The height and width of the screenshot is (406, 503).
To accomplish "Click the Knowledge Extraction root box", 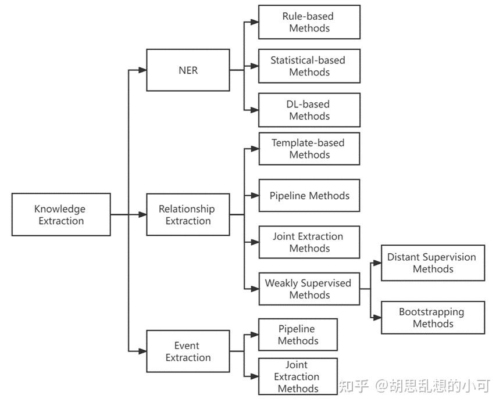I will pos(61,214).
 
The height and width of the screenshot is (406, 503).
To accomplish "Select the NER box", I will pos(188,70).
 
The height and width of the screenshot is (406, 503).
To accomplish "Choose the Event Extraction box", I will pos(188,351).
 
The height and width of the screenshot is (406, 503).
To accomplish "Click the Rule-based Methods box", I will pos(309,22).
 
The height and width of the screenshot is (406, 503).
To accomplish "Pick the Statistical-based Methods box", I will pos(309,66).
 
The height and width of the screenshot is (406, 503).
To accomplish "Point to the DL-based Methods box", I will pos(309,110).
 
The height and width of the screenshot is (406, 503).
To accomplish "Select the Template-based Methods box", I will pos(309,149).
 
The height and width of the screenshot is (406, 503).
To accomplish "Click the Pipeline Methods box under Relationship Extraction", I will pos(309,195).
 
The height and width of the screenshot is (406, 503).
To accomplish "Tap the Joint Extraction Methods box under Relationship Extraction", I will pos(309,242).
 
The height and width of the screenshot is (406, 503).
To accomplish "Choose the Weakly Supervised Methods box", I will pos(309,289).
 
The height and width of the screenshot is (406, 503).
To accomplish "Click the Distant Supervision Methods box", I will pos(433,263).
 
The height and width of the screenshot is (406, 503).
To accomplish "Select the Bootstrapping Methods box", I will pos(433,318).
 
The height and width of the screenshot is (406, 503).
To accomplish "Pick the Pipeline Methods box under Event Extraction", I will pos(298,335).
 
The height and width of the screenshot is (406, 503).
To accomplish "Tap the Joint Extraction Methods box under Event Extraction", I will pos(298,376).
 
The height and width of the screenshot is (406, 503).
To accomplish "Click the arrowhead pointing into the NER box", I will pos(142,70).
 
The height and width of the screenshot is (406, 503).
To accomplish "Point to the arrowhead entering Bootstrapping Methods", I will pos(377,318).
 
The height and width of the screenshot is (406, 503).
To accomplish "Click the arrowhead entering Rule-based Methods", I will pos(255,22).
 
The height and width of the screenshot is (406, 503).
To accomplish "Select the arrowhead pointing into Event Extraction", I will pos(142,351).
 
